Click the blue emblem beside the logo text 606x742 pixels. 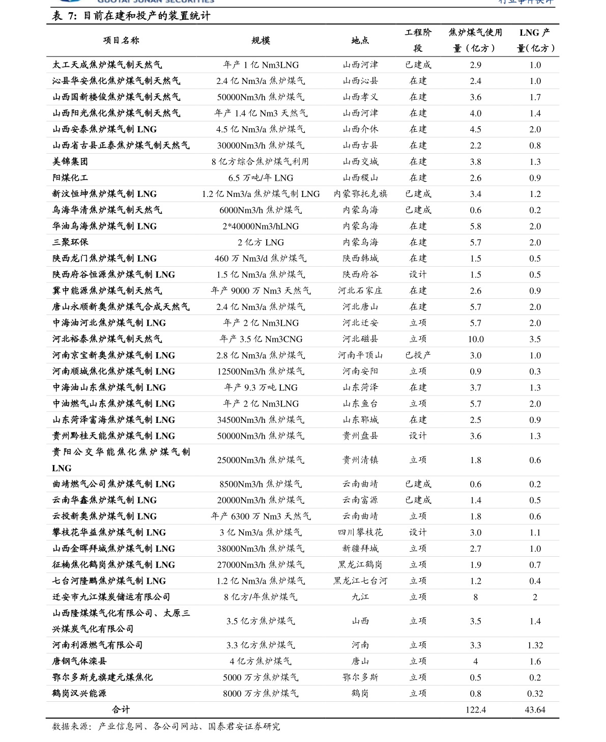[69, 2]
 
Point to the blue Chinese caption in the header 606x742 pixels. [526, 2]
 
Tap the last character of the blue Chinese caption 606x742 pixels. [550, 2]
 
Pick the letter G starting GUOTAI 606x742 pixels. [100, 2]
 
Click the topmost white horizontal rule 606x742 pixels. [303, 73]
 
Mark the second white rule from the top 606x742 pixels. [303, 89]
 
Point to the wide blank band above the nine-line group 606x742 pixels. [303, 460]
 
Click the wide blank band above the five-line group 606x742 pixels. [303, 621]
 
